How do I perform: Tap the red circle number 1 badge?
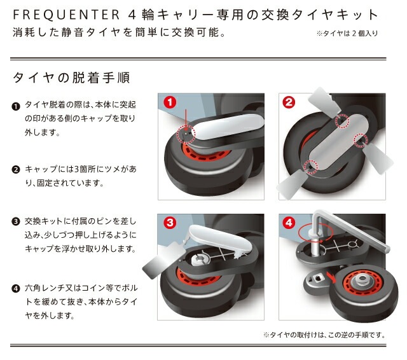pos(170,102)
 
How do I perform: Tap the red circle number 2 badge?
pos(289,102)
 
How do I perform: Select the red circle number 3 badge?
pos(170,223)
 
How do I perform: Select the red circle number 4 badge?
pos(289,223)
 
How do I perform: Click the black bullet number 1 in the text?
pos(15,106)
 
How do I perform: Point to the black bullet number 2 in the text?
pos(15,170)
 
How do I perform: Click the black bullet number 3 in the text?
pos(15,222)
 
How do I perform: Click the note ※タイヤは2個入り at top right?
pos(346,34)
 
